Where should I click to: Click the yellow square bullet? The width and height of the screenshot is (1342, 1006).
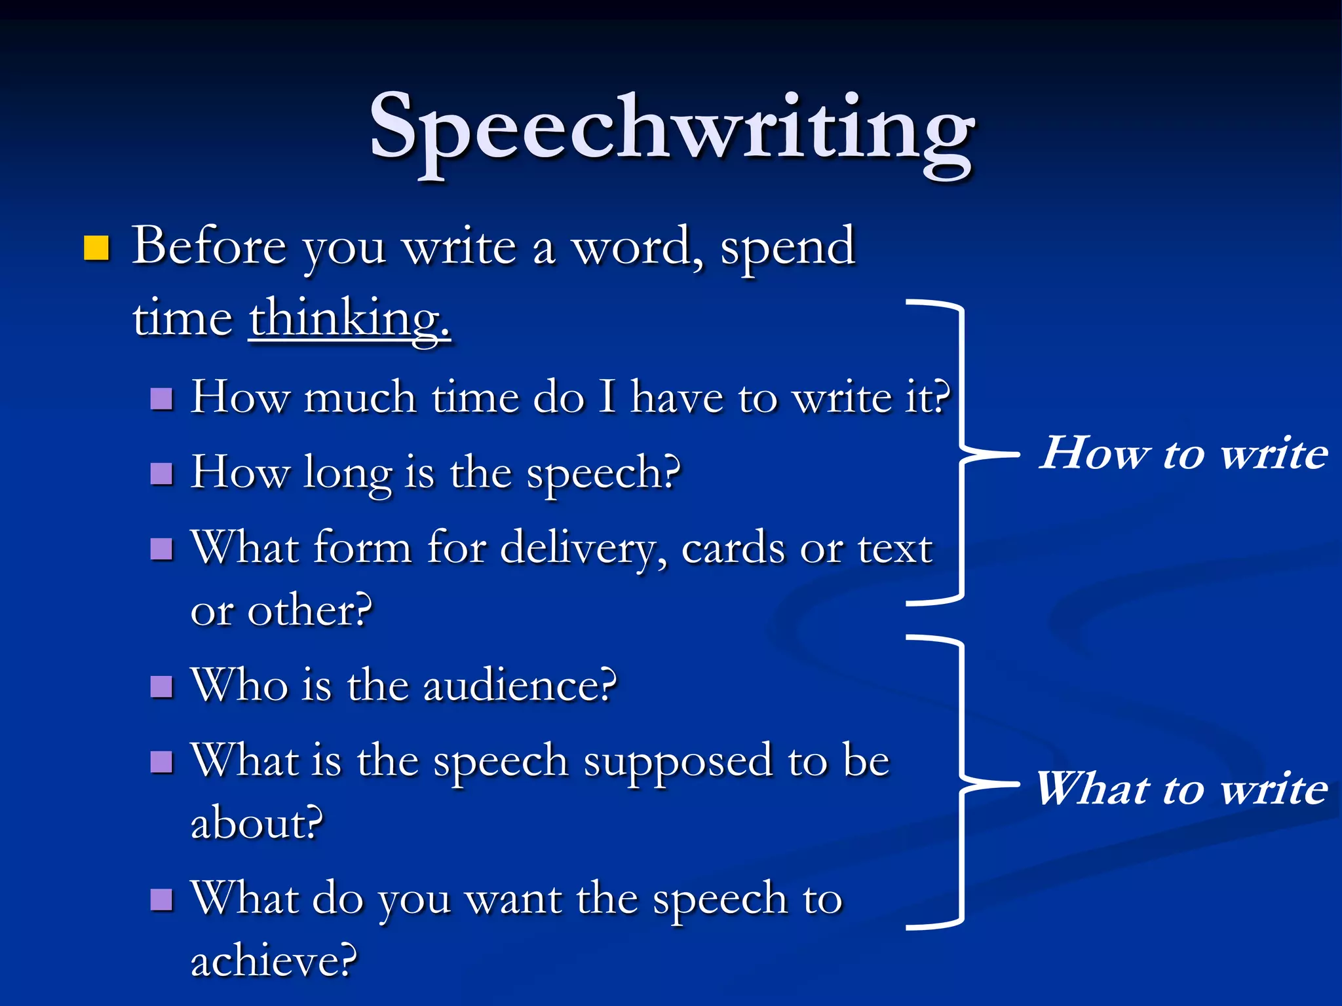click(96, 248)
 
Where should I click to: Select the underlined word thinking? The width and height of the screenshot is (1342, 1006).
click(349, 319)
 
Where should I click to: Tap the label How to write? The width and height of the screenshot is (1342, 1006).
click(1183, 453)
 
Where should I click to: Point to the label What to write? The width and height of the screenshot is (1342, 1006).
click(1181, 788)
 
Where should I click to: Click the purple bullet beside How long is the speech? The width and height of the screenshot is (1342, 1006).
click(161, 473)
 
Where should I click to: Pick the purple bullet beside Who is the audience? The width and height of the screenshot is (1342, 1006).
click(161, 686)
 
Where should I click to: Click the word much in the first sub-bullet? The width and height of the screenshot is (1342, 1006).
click(360, 398)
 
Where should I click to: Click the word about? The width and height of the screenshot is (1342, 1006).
click(256, 823)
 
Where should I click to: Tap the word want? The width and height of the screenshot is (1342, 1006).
click(513, 899)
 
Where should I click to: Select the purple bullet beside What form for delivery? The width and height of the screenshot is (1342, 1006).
click(161, 549)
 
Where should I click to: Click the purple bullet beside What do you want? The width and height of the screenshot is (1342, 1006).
click(161, 900)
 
